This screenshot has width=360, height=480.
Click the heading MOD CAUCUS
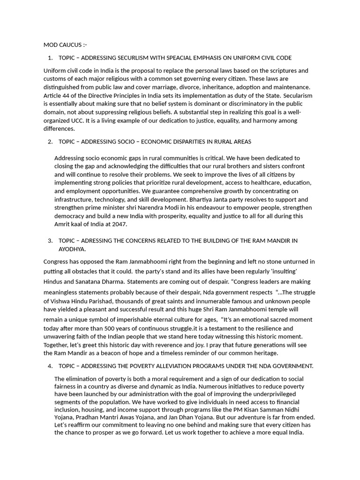pyautogui.click(x=65, y=45)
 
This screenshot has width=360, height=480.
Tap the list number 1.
pyautogui.click(x=50, y=58)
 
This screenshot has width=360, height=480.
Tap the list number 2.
pyautogui.click(x=50, y=142)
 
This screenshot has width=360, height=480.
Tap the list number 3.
pyautogui.click(x=50, y=240)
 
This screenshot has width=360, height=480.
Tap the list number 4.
pyautogui.click(x=50, y=366)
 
